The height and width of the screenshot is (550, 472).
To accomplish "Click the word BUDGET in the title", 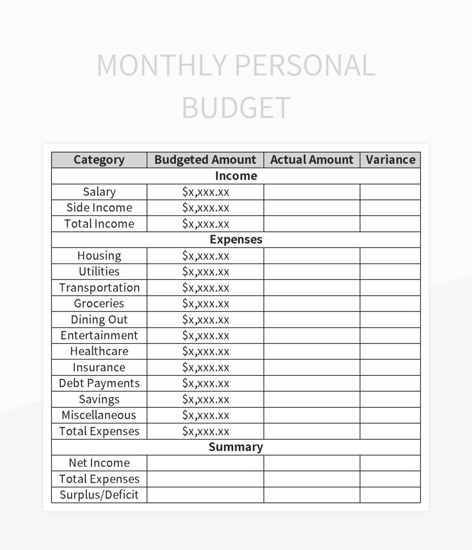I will point(236,107).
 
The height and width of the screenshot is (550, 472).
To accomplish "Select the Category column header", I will point(99,160).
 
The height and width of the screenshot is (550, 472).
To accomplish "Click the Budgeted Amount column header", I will point(205,160).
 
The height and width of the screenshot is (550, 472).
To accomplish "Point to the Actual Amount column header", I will point(312,160).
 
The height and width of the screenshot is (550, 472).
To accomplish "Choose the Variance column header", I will point(390,160).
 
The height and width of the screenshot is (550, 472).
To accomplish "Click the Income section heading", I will point(236,176).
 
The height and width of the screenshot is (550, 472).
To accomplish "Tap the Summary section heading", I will point(236,447).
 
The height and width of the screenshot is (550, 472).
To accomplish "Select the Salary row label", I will point(99,192).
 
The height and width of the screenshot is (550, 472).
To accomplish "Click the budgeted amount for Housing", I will point(205,256).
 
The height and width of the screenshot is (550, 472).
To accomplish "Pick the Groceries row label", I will point(99,304).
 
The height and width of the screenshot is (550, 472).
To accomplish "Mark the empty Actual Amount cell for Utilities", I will point(312,272).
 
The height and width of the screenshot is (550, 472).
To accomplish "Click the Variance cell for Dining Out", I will point(390,320).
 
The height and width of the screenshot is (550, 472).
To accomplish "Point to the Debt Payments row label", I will point(99,383).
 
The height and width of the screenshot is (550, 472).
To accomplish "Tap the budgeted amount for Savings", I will point(205,399).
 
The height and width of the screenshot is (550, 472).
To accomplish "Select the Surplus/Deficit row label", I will point(99,495).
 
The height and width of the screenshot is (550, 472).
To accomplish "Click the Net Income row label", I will point(99,463).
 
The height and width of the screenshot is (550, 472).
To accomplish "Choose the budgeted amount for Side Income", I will point(205,208).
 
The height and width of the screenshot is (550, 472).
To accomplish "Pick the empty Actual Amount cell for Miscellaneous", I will point(312,415).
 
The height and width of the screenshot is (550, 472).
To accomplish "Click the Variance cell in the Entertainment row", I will point(390,335).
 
